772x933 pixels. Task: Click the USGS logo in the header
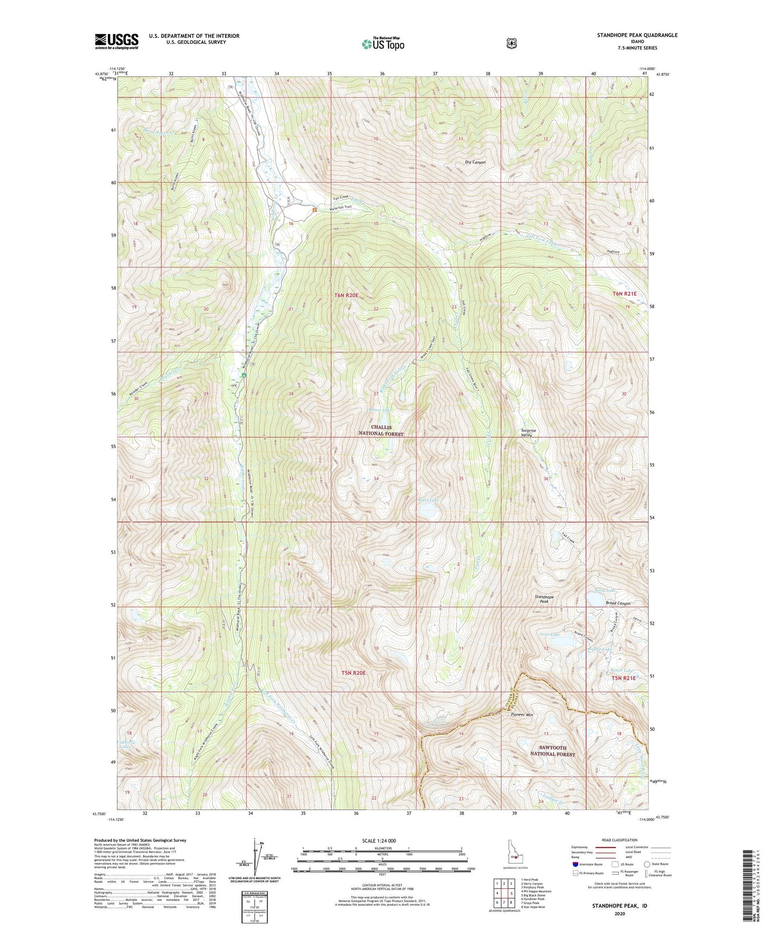pos(116,41)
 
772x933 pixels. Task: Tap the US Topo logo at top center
pos(382,44)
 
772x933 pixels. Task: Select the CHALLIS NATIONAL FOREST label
pos(381,431)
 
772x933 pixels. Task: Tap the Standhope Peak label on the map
pos(544,599)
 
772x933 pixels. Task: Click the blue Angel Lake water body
pos(427,511)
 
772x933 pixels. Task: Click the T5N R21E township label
pos(623,678)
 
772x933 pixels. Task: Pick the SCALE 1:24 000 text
pos(379,841)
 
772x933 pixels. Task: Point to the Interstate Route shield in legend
pos(575,864)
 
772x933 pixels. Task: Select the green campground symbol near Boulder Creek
pos(244,375)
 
